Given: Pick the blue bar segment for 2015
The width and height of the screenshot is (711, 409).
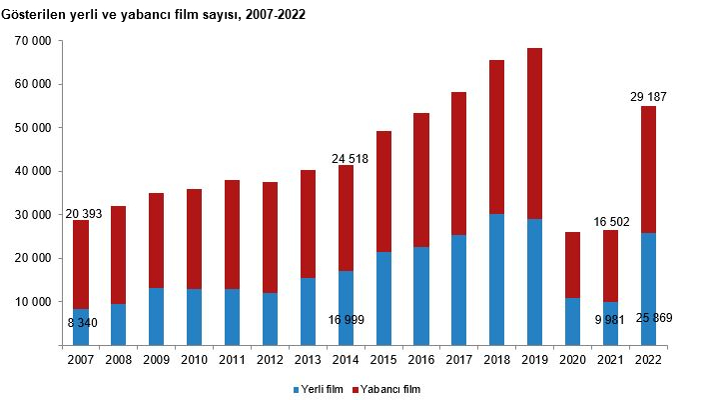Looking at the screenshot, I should (384, 298).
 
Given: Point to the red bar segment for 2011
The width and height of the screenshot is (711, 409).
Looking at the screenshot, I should (232, 234).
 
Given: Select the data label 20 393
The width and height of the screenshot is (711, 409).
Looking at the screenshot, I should (82, 213).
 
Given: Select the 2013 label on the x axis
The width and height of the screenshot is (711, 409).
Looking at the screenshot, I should (309, 359).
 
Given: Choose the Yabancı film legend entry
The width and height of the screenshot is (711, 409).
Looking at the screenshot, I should (388, 389).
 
